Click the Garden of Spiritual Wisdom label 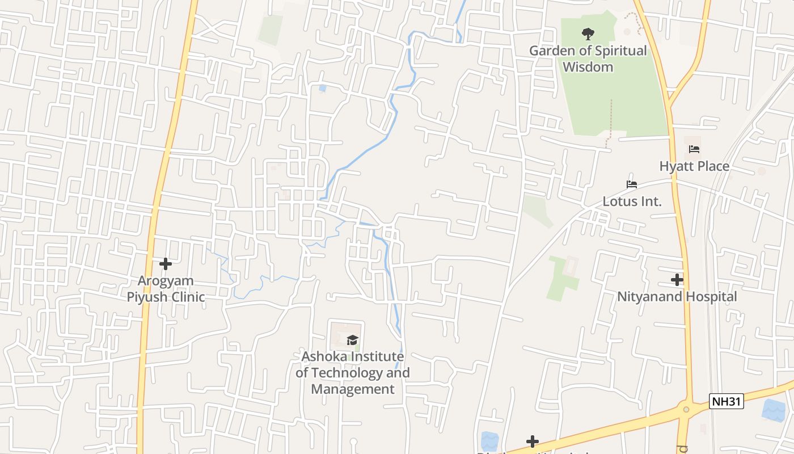pos(588,58)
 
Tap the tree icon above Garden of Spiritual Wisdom pos(588,34)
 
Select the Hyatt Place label pos(694,166)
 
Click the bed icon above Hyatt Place pos(694,150)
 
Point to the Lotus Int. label pos(632,201)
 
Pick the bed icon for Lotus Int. pos(632,184)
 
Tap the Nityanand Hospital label pos(677,297)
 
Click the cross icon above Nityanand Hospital pos(677,280)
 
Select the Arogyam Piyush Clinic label pos(166,289)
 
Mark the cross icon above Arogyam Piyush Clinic pos(166,264)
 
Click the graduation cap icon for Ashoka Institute pos(353,340)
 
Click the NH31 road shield pos(726,402)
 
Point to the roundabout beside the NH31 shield pos(687,409)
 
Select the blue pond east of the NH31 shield pos(774,410)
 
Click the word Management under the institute pos(353,389)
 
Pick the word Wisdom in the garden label pos(588,67)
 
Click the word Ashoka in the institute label pos(324,356)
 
